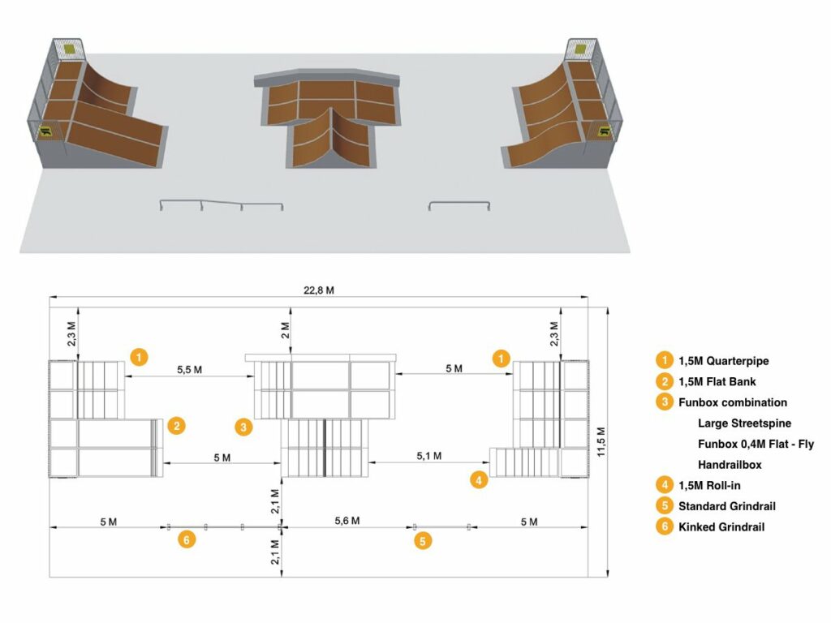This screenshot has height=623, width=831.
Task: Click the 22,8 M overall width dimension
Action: click(x=318, y=290)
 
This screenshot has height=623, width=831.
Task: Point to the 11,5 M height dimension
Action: click(x=601, y=442)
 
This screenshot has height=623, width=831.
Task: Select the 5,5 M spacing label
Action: click(x=189, y=370)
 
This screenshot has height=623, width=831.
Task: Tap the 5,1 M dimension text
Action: click(x=428, y=456)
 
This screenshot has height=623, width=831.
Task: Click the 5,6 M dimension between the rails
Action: click(x=347, y=521)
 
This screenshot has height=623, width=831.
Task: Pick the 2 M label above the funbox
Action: click(x=285, y=331)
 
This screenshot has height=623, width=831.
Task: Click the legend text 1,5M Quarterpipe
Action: click(x=723, y=361)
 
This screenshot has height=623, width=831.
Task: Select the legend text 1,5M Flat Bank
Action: click(x=717, y=382)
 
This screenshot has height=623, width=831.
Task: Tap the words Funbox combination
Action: click(x=733, y=402)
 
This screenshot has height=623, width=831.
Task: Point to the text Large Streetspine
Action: click(x=744, y=423)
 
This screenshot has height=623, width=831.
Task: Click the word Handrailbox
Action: click(x=730, y=465)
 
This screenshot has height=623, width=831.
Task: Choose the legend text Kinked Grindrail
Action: click(x=721, y=527)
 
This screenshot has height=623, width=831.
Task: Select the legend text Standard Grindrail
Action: click(x=726, y=506)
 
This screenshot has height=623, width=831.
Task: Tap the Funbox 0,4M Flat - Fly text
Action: click(x=756, y=444)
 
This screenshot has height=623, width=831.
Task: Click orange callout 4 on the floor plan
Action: click(x=479, y=480)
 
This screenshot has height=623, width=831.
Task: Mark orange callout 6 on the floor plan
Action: click(x=187, y=539)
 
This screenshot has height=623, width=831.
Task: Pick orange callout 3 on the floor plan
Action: click(x=243, y=427)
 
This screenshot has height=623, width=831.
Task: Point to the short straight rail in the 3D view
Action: click(x=459, y=203)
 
